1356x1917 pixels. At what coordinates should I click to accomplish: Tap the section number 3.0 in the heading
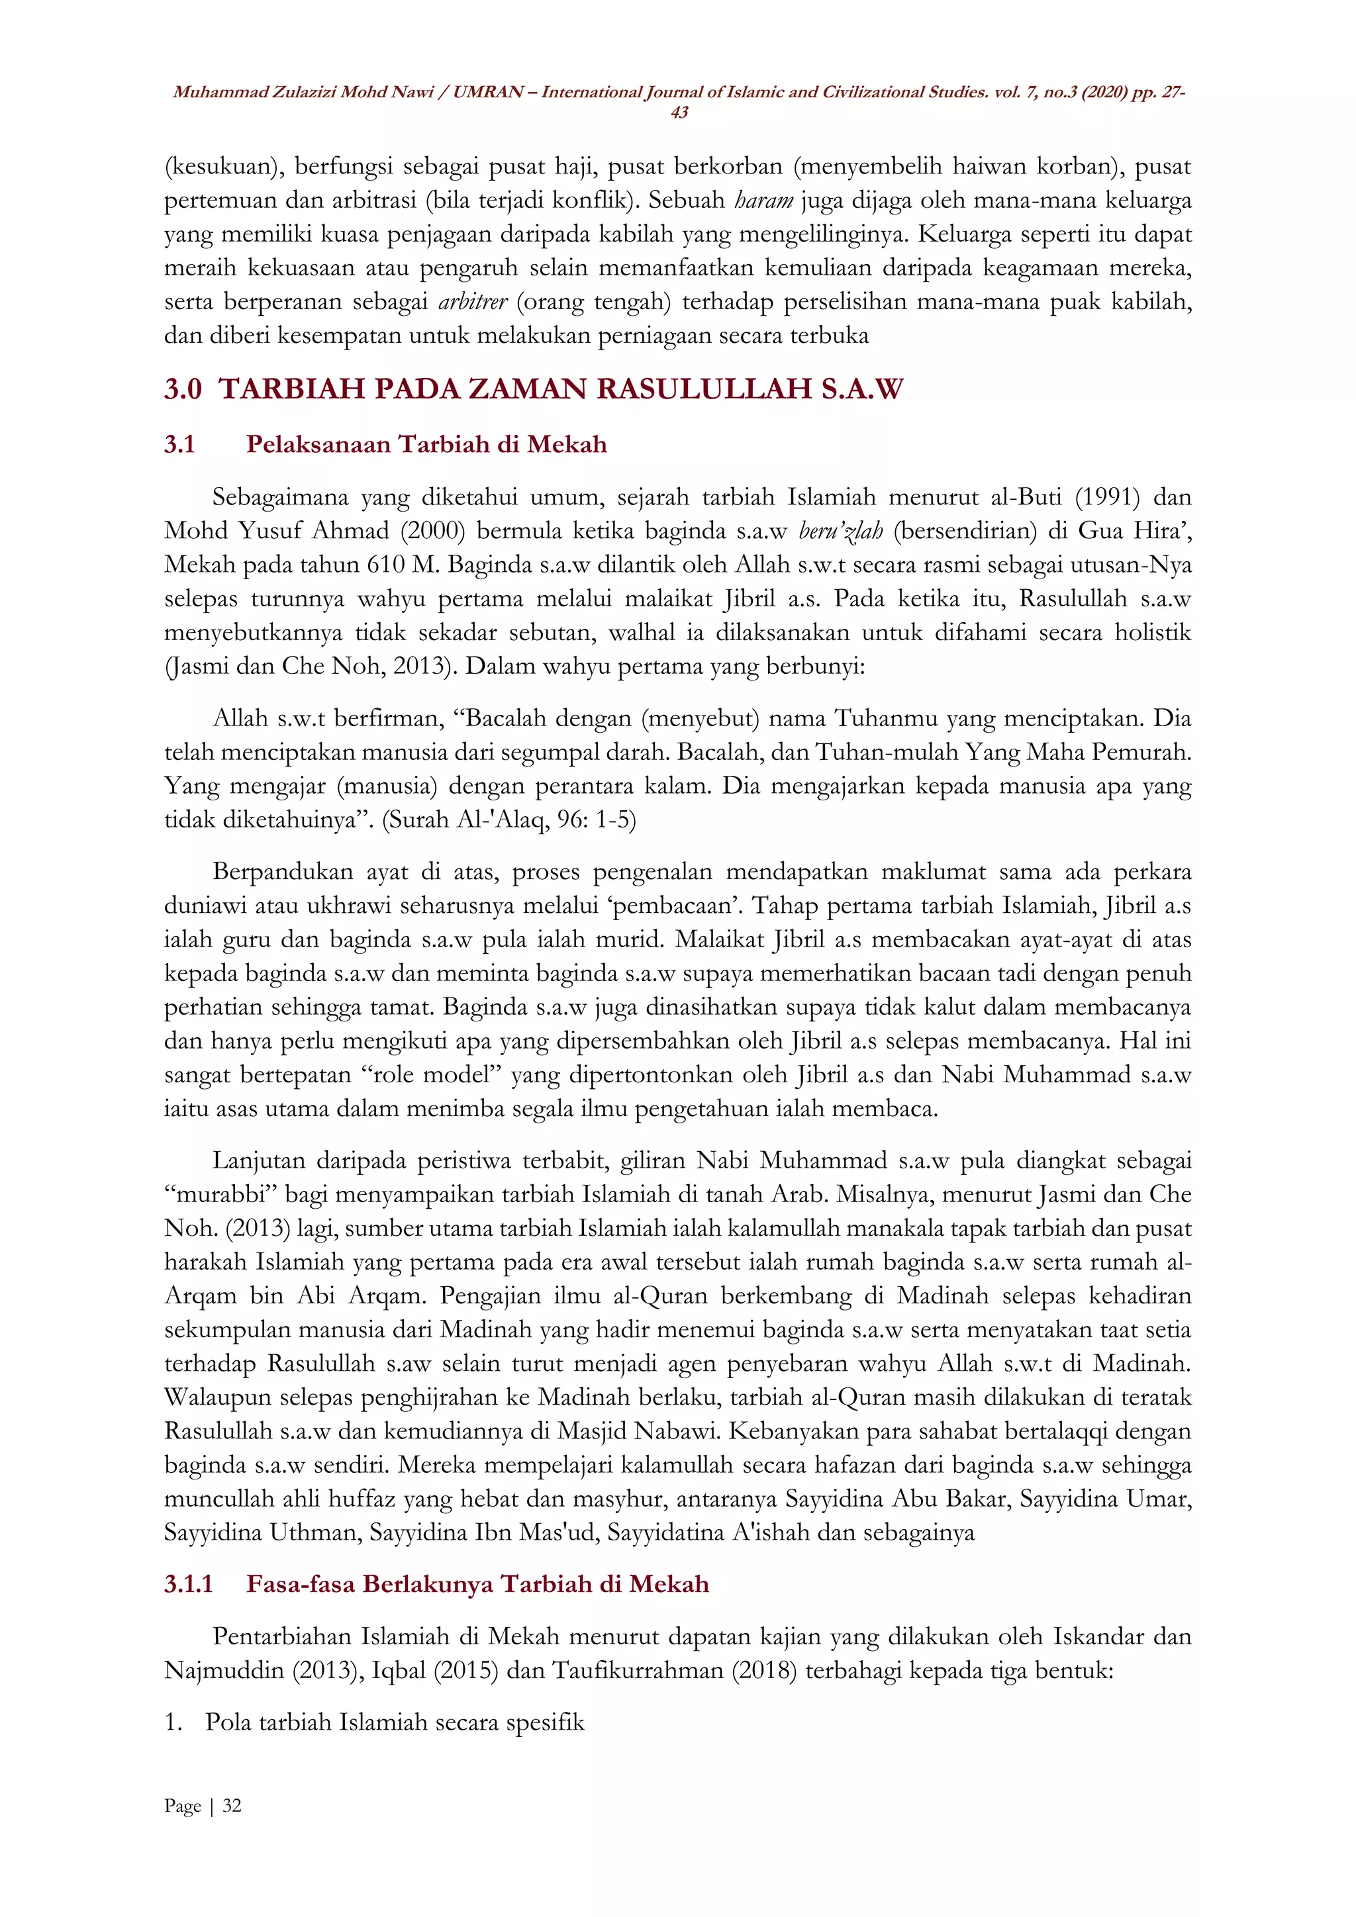183,389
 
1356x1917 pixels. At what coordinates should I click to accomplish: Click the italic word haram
763,201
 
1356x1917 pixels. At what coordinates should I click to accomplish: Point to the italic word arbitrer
473,301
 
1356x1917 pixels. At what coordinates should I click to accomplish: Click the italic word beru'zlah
840,531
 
